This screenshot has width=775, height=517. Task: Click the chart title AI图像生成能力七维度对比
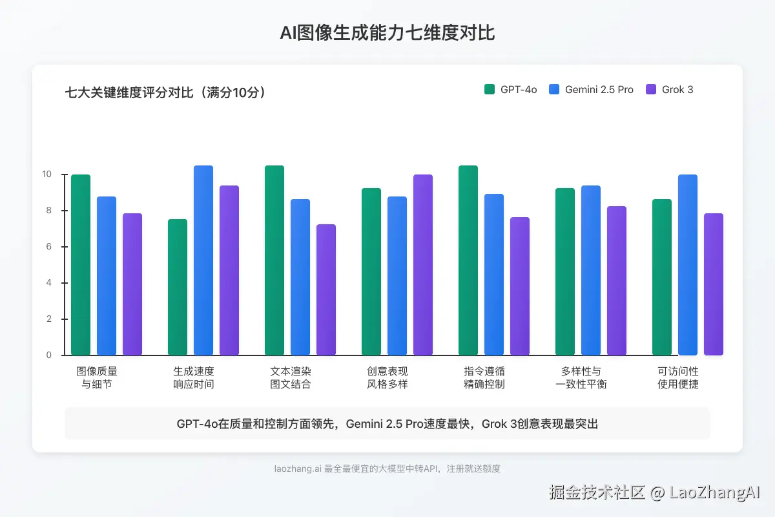(387, 33)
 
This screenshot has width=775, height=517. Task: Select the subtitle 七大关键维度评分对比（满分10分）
(165, 92)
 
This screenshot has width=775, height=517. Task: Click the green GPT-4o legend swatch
(489, 89)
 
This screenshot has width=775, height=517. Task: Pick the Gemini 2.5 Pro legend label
(599, 89)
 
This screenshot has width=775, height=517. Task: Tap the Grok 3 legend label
(677, 89)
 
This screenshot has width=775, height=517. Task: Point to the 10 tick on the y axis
(46, 174)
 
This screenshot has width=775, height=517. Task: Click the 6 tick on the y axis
(46, 247)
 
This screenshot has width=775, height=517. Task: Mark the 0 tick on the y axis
(46, 355)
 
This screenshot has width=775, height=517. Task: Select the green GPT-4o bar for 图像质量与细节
(81, 265)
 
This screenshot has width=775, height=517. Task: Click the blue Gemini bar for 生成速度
(203, 260)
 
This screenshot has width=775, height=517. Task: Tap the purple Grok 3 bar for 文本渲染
(326, 290)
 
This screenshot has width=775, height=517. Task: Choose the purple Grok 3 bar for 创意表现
(423, 265)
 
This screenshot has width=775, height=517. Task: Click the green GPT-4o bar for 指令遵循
(468, 260)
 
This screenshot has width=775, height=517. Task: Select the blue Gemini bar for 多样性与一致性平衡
(591, 270)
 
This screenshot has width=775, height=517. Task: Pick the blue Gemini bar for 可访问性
(688, 265)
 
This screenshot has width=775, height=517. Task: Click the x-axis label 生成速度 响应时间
(194, 378)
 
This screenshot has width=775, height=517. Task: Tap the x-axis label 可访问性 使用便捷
(678, 378)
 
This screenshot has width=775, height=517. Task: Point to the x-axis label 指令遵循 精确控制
(484, 378)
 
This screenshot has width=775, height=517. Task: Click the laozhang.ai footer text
(387, 469)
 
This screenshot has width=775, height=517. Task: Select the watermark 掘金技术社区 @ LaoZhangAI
(654, 492)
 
